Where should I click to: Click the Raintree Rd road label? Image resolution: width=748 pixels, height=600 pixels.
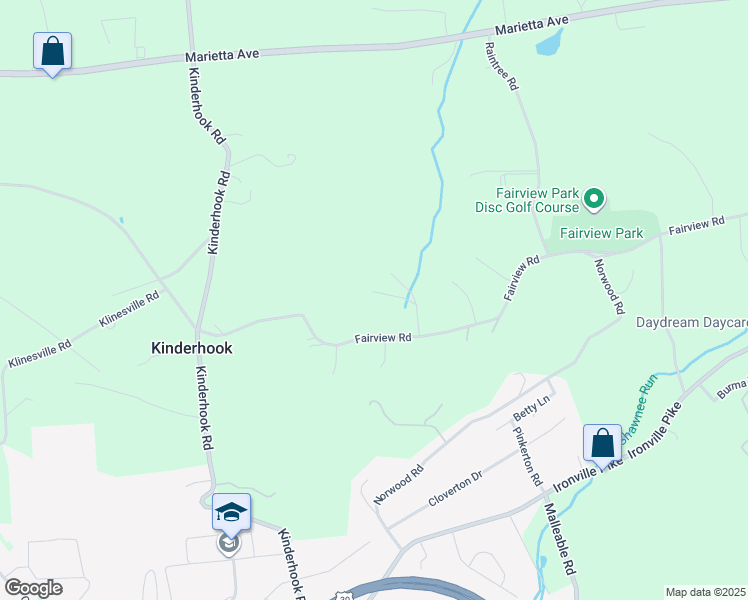(501, 67)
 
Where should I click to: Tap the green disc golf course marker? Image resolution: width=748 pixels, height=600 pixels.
(593, 199)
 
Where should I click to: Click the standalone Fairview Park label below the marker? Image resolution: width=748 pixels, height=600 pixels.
(600, 234)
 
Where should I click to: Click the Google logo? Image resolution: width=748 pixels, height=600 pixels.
(32, 588)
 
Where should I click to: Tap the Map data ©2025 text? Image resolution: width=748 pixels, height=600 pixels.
(705, 592)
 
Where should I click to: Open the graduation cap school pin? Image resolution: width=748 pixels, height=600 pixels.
(231, 512)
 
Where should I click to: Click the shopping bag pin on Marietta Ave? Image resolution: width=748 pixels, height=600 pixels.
(52, 51)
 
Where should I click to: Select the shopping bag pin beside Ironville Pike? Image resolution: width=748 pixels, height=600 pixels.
(603, 443)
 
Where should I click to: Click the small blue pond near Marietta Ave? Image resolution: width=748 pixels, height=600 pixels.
(549, 43)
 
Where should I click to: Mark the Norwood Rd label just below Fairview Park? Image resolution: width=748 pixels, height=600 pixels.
(610, 285)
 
